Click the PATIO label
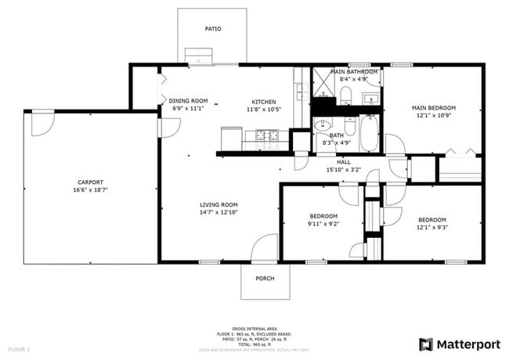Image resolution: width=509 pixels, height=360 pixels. point(212,29)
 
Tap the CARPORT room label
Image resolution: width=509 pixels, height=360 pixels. point(90,182)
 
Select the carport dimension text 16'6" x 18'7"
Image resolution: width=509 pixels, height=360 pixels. point(90,189)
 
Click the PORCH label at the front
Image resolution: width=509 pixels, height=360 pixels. point(265,278)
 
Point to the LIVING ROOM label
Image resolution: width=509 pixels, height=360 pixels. point(218,204)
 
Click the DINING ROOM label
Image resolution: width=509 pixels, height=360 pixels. point(188,100)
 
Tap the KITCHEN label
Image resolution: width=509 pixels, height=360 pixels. point(263,101)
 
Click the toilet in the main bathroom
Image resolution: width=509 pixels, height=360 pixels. point(345,95)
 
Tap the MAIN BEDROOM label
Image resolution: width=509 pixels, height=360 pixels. point(434,108)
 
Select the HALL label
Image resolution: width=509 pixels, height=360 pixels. point(344,162)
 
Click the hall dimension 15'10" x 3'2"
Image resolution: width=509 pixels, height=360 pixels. point(344,170)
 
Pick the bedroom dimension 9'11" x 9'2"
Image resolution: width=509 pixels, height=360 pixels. point(323,224)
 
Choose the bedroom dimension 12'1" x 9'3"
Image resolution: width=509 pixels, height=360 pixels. point(431,228)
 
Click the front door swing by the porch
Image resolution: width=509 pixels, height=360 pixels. point(266,249)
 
